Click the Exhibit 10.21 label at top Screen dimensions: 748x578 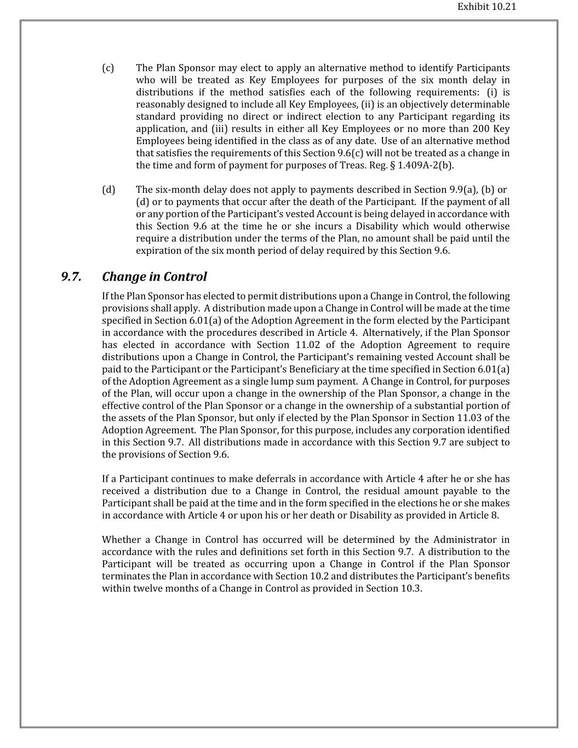click(487, 7)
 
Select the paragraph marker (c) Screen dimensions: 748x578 click(108, 68)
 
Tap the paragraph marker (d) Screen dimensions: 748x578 click(108, 190)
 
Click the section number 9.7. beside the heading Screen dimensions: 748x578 click(71, 277)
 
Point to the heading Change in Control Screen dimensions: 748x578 click(154, 277)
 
